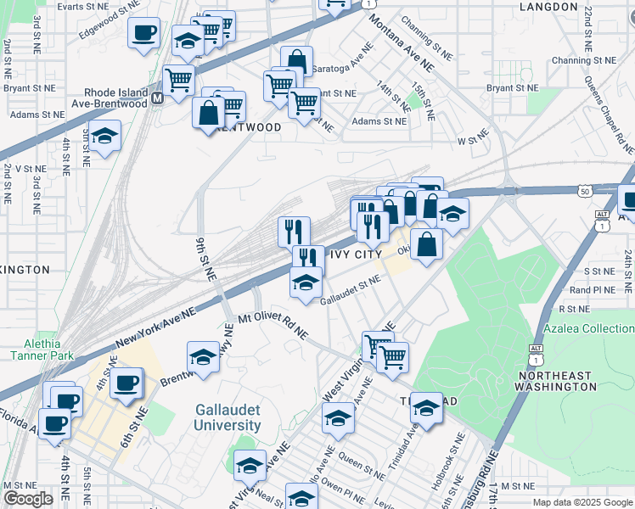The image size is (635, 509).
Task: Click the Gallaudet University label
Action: point(227,417)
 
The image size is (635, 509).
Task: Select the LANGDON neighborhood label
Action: point(548,7)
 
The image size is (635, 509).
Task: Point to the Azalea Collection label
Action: point(587,328)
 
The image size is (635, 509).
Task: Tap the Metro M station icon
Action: point(157,98)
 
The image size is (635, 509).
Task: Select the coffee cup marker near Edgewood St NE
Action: point(143,33)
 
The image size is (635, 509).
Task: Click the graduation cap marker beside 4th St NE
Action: point(104,137)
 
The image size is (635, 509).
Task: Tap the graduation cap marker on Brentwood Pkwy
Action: point(204,357)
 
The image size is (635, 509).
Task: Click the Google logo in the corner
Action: point(28,498)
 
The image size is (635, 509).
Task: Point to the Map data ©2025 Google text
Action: point(582,502)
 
